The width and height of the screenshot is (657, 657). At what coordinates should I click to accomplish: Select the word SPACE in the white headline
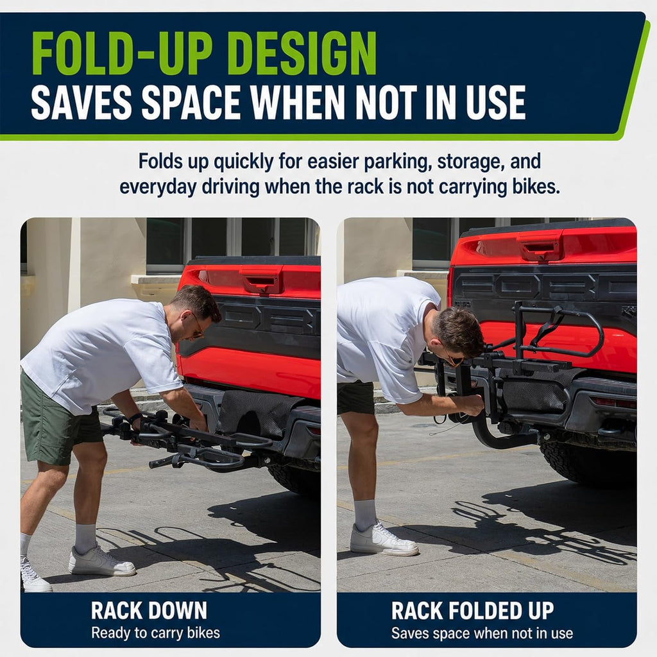(x=192, y=102)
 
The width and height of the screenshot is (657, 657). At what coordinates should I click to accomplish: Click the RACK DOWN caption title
(x=149, y=611)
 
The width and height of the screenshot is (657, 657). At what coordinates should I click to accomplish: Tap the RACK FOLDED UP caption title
(x=473, y=611)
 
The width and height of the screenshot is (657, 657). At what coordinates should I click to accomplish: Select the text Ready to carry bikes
(x=155, y=633)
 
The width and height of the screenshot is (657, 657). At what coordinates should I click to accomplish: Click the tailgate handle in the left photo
(x=261, y=280)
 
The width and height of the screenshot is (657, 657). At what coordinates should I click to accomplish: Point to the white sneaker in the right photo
(x=384, y=539)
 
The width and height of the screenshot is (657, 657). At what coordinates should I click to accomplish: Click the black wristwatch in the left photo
(x=135, y=418)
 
